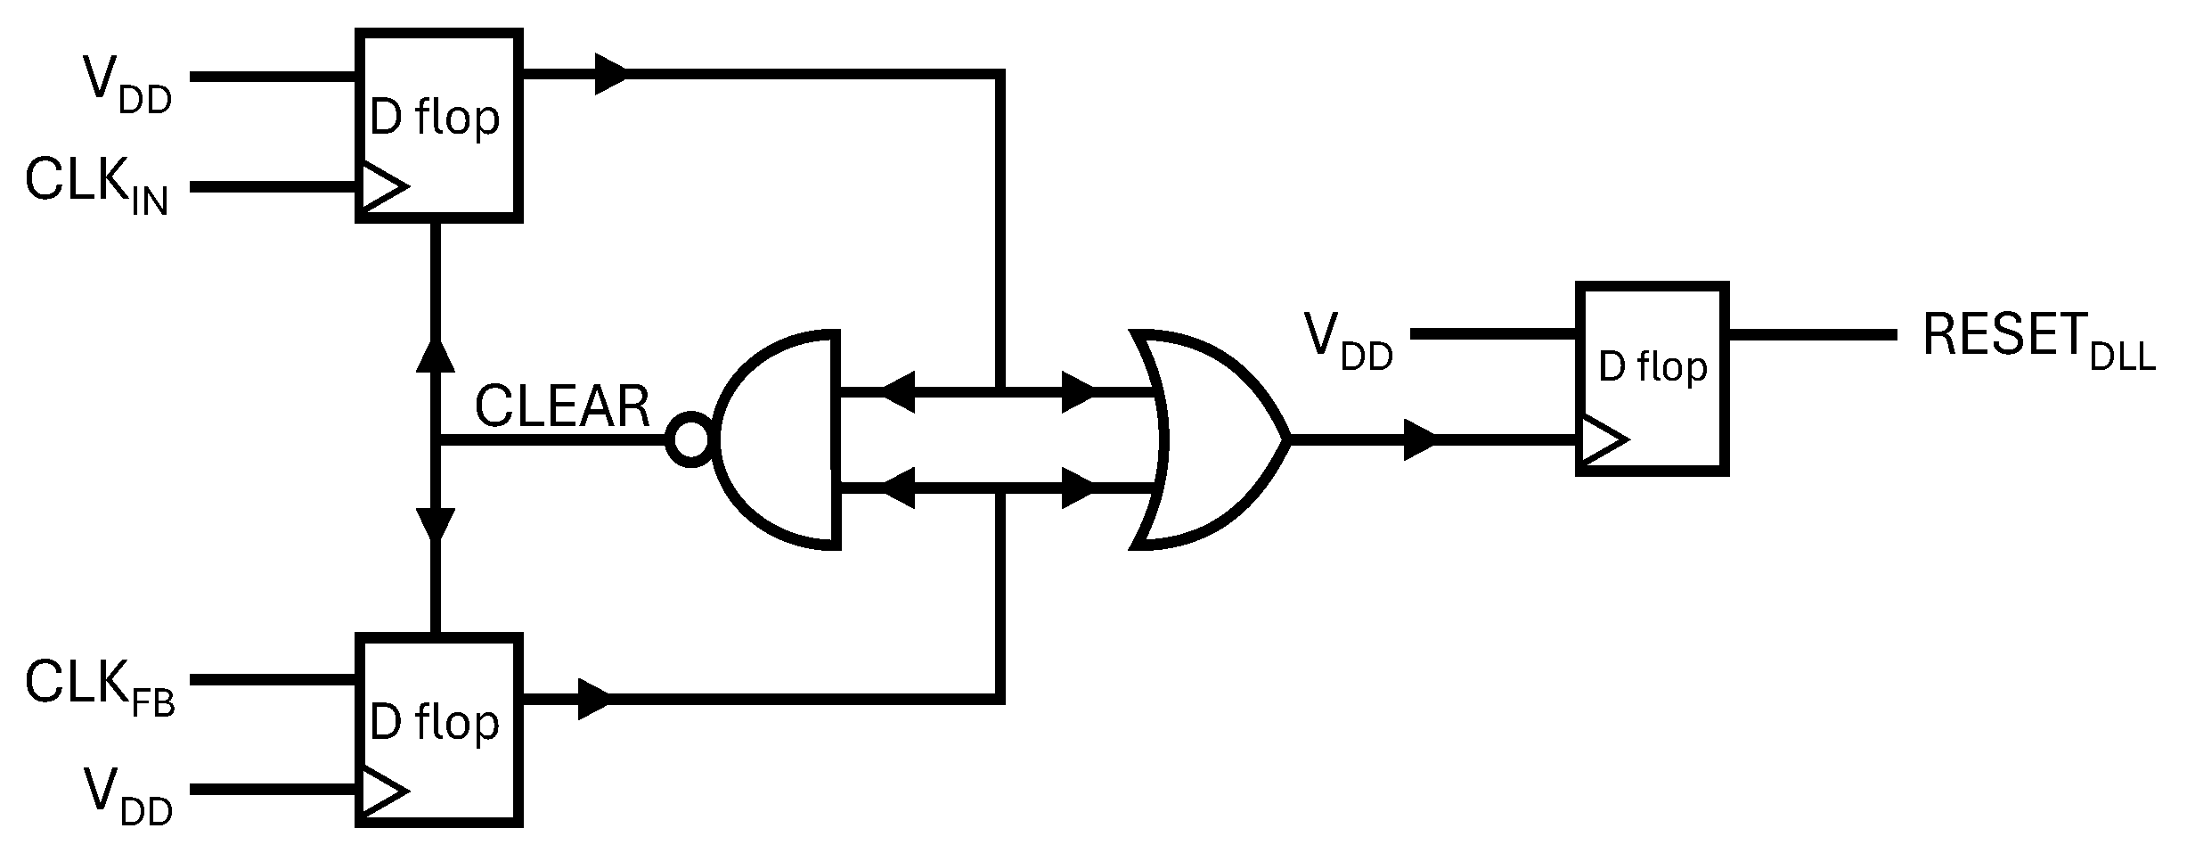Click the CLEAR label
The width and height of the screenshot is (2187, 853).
(x=562, y=407)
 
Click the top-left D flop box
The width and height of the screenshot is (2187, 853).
(x=438, y=125)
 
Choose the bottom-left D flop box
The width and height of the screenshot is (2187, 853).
(x=438, y=728)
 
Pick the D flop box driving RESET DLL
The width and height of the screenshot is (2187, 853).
(x=1652, y=379)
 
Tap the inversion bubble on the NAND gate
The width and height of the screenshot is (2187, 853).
(x=690, y=440)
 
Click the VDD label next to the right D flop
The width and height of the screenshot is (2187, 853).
(x=1348, y=341)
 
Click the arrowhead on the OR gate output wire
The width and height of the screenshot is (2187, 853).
(x=1420, y=439)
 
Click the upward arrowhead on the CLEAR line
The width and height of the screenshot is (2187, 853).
(x=436, y=355)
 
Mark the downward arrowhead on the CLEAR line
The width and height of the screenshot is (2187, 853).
(x=436, y=524)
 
